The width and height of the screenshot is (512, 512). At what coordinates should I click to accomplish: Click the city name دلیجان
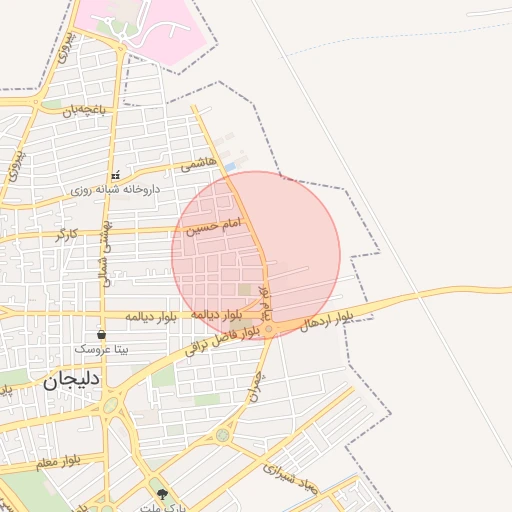pyautogui.click(x=73, y=379)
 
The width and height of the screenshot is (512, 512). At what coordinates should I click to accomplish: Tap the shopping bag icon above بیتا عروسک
pyautogui.click(x=101, y=334)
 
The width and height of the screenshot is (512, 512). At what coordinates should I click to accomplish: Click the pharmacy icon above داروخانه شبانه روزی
pyautogui.click(x=115, y=175)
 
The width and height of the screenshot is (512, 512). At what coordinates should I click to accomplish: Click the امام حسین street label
pyautogui.click(x=213, y=228)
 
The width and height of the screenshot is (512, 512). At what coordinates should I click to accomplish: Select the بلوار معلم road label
pyautogui.click(x=57, y=462)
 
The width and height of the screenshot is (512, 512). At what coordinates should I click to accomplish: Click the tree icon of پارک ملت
pyautogui.click(x=163, y=494)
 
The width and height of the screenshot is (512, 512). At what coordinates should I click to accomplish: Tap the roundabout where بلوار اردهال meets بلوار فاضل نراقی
pyautogui.click(x=270, y=327)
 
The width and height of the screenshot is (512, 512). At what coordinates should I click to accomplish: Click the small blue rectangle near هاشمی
pyautogui.click(x=231, y=165)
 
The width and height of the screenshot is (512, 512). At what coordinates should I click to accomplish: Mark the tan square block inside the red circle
pyautogui.click(x=245, y=290)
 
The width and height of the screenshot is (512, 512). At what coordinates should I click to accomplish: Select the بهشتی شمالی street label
pyautogui.click(x=104, y=250)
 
